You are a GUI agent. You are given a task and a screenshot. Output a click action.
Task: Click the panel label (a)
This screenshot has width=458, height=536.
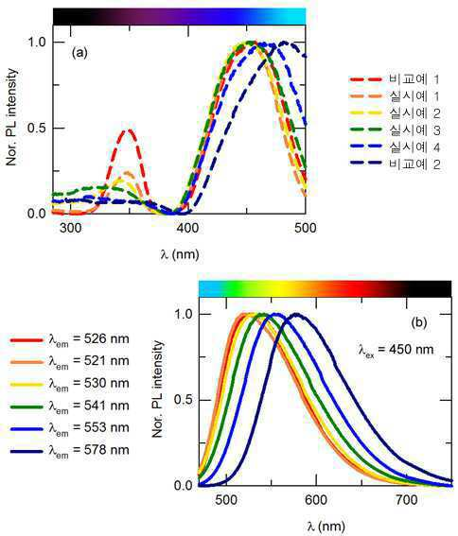tap(79, 53)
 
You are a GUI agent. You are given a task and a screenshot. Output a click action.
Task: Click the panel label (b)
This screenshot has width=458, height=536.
tap(419, 322)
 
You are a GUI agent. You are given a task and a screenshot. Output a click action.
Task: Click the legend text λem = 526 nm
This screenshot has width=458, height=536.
tap(89, 339)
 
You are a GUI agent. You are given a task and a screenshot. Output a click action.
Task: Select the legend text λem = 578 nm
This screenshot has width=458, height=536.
tap(89, 451)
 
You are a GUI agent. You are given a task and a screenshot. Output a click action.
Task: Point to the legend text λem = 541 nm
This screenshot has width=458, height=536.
tap(89, 406)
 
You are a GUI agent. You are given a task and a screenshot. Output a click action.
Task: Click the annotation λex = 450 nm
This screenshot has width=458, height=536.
tap(396, 350)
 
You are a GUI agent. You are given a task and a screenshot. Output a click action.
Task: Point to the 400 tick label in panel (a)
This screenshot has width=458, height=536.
tap(188, 228)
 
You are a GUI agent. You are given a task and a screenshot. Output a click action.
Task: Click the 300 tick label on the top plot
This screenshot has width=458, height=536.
tap(71, 228)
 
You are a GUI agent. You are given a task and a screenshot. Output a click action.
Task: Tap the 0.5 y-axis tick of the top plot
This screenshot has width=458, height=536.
tap(36, 129)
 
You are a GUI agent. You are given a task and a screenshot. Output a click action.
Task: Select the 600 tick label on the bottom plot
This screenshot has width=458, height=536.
tap(316, 500)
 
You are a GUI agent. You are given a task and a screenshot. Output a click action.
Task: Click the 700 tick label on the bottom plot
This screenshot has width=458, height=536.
tap(406, 500)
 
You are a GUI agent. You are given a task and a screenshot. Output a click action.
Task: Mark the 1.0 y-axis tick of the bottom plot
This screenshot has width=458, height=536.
tap(184, 314)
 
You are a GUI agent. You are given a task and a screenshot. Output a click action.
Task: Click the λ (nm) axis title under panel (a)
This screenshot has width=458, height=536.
tap(180, 254)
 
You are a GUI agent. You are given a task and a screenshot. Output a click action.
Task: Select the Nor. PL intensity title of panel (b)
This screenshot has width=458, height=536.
tap(158, 389)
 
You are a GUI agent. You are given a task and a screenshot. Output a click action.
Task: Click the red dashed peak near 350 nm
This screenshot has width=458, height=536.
tap(129, 130)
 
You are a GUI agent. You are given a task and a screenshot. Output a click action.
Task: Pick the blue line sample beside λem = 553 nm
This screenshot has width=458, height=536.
tap(26, 428)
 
